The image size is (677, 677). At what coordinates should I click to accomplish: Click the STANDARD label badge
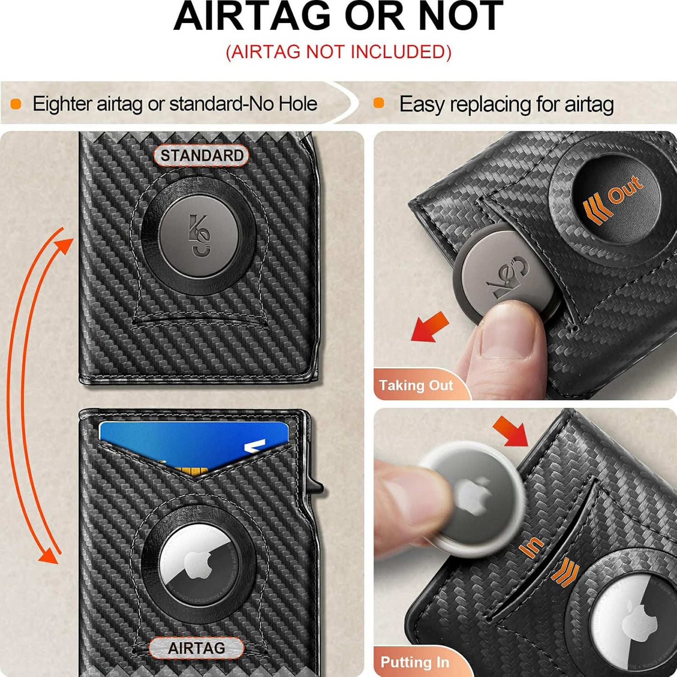click(x=201, y=156)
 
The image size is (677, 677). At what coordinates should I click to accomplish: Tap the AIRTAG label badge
click(x=196, y=648)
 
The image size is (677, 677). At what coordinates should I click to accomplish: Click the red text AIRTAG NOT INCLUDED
click(x=338, y=52)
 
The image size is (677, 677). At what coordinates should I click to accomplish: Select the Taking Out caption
click(x=416, y=385)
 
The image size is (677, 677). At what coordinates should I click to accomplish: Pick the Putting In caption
click(x=415, y=662)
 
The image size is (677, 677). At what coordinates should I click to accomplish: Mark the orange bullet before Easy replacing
click(x=379, y=104)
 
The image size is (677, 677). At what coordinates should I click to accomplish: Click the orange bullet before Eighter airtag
click(x=16, y=104)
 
